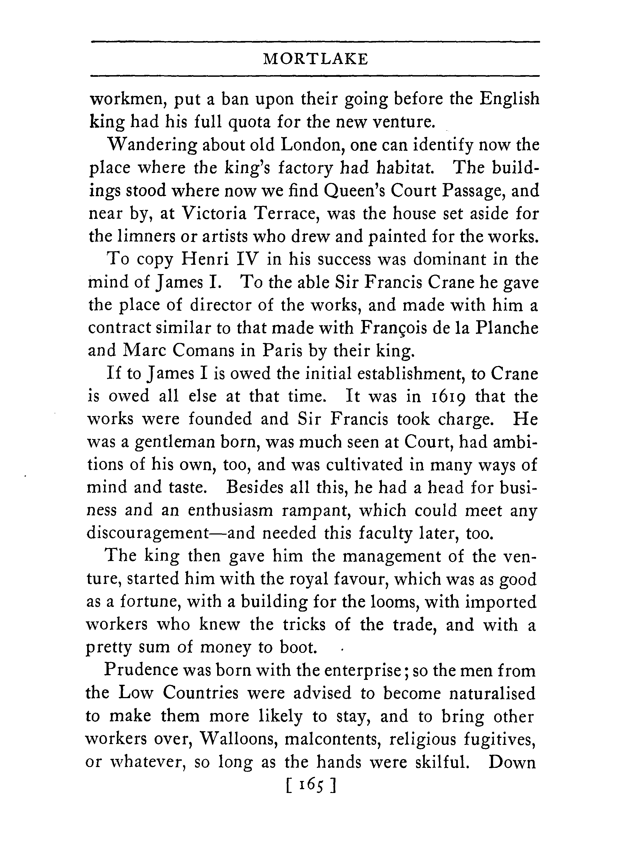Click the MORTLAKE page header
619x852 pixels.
(315, 59)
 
